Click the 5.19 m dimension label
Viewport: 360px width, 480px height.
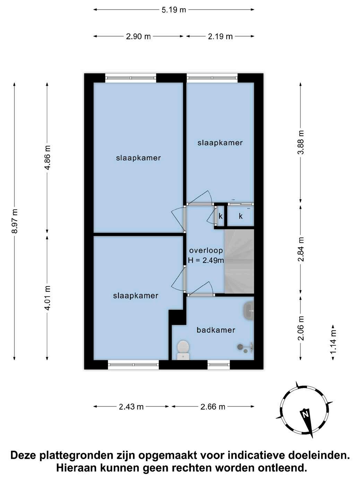tap(174, 10)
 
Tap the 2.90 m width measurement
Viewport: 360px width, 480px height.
tap(138, 36)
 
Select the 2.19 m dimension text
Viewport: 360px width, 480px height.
tap(220, 36)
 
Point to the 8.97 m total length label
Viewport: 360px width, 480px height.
tap(15, 221)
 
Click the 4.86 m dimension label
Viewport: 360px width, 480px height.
tap(48, 157)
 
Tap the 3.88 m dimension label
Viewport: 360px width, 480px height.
tap(301, 142)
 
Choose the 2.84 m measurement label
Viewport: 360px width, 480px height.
tap(301, 249)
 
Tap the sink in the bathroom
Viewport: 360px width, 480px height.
tap(249, 310)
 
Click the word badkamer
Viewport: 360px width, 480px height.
tap(216, 330)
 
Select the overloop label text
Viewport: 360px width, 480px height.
tap(206, 250)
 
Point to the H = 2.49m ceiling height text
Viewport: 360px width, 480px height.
tap(206, 260)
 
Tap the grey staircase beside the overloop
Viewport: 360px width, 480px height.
tap(239, 261)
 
